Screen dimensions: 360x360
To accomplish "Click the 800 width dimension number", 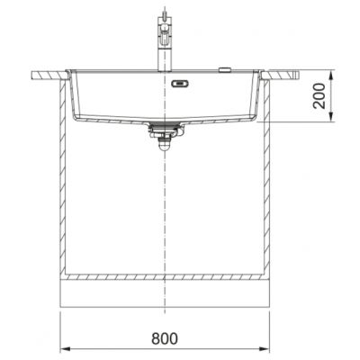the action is click(x=165, y=338).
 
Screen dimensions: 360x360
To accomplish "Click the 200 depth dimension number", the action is click(x=319, y=95).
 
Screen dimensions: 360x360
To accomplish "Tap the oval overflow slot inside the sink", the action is click(x=180, y=84).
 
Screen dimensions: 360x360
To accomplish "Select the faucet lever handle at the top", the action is click(x=165, y=35).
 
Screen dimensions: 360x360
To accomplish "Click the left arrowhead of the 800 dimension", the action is click(x=66, y=349).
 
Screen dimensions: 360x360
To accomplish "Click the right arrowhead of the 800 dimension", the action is click(x=265, y=349).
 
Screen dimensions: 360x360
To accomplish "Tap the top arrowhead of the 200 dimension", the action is click(x=330, y=76).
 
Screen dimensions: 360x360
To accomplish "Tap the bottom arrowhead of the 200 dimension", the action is click(x=330, y=117).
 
